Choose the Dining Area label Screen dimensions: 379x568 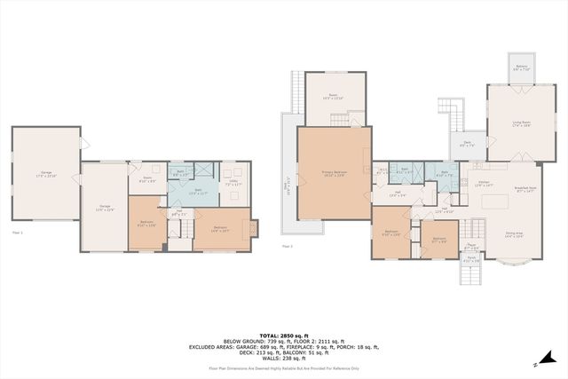point(514,235)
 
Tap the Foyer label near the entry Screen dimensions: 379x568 point(473,248)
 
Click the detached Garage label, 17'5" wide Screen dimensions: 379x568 point(45,174)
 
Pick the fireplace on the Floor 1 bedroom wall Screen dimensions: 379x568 point(255,229)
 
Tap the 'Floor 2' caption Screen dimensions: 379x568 point(287,246)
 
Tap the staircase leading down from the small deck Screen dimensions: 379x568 point(454,113)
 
